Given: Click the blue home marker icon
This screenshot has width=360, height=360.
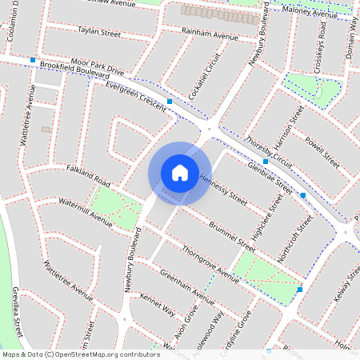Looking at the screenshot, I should (x=180, y=172).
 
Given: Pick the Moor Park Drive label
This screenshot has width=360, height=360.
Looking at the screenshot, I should (x=98, y=61).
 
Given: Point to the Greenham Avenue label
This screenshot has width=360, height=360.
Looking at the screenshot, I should (x=187, y=287).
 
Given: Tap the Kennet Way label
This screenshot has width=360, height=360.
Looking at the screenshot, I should (x=157, y=306).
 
